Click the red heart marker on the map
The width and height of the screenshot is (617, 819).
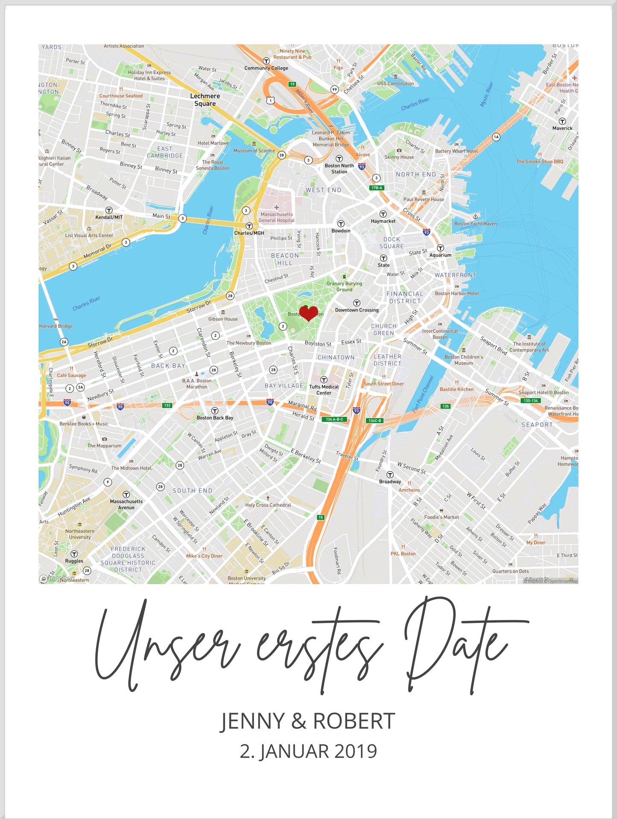click(x=308, y=313)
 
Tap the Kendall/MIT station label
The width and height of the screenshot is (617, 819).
click(x=109, y=217)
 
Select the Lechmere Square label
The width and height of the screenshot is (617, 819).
click(x=205, y=100)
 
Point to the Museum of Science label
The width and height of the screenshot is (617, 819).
click(x=254, y=151)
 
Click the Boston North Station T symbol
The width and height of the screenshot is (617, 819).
click(x=339, y=159)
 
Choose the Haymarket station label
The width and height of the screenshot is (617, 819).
click(x=383, y=221)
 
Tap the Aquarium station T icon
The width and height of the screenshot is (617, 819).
click(x=440, y=248)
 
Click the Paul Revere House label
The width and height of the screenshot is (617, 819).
click(x=424, y=199)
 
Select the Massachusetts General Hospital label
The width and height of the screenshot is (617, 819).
click(x=277, y=217)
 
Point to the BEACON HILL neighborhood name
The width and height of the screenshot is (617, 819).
click(x=285, y=259)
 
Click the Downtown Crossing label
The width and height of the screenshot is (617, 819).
click(x=357, y=310)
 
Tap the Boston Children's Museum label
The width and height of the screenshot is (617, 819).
click(x=464, y=360)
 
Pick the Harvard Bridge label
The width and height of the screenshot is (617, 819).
click(x=56, y=326)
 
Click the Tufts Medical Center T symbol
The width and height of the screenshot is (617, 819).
click(x=324, y=380)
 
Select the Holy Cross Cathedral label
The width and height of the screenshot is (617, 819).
click(x=268, y=505)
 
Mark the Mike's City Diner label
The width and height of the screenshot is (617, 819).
click(x=204, y=556)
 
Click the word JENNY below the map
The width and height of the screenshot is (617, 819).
click(x=252, y=721)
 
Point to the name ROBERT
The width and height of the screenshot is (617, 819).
click(x=354, y=721)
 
